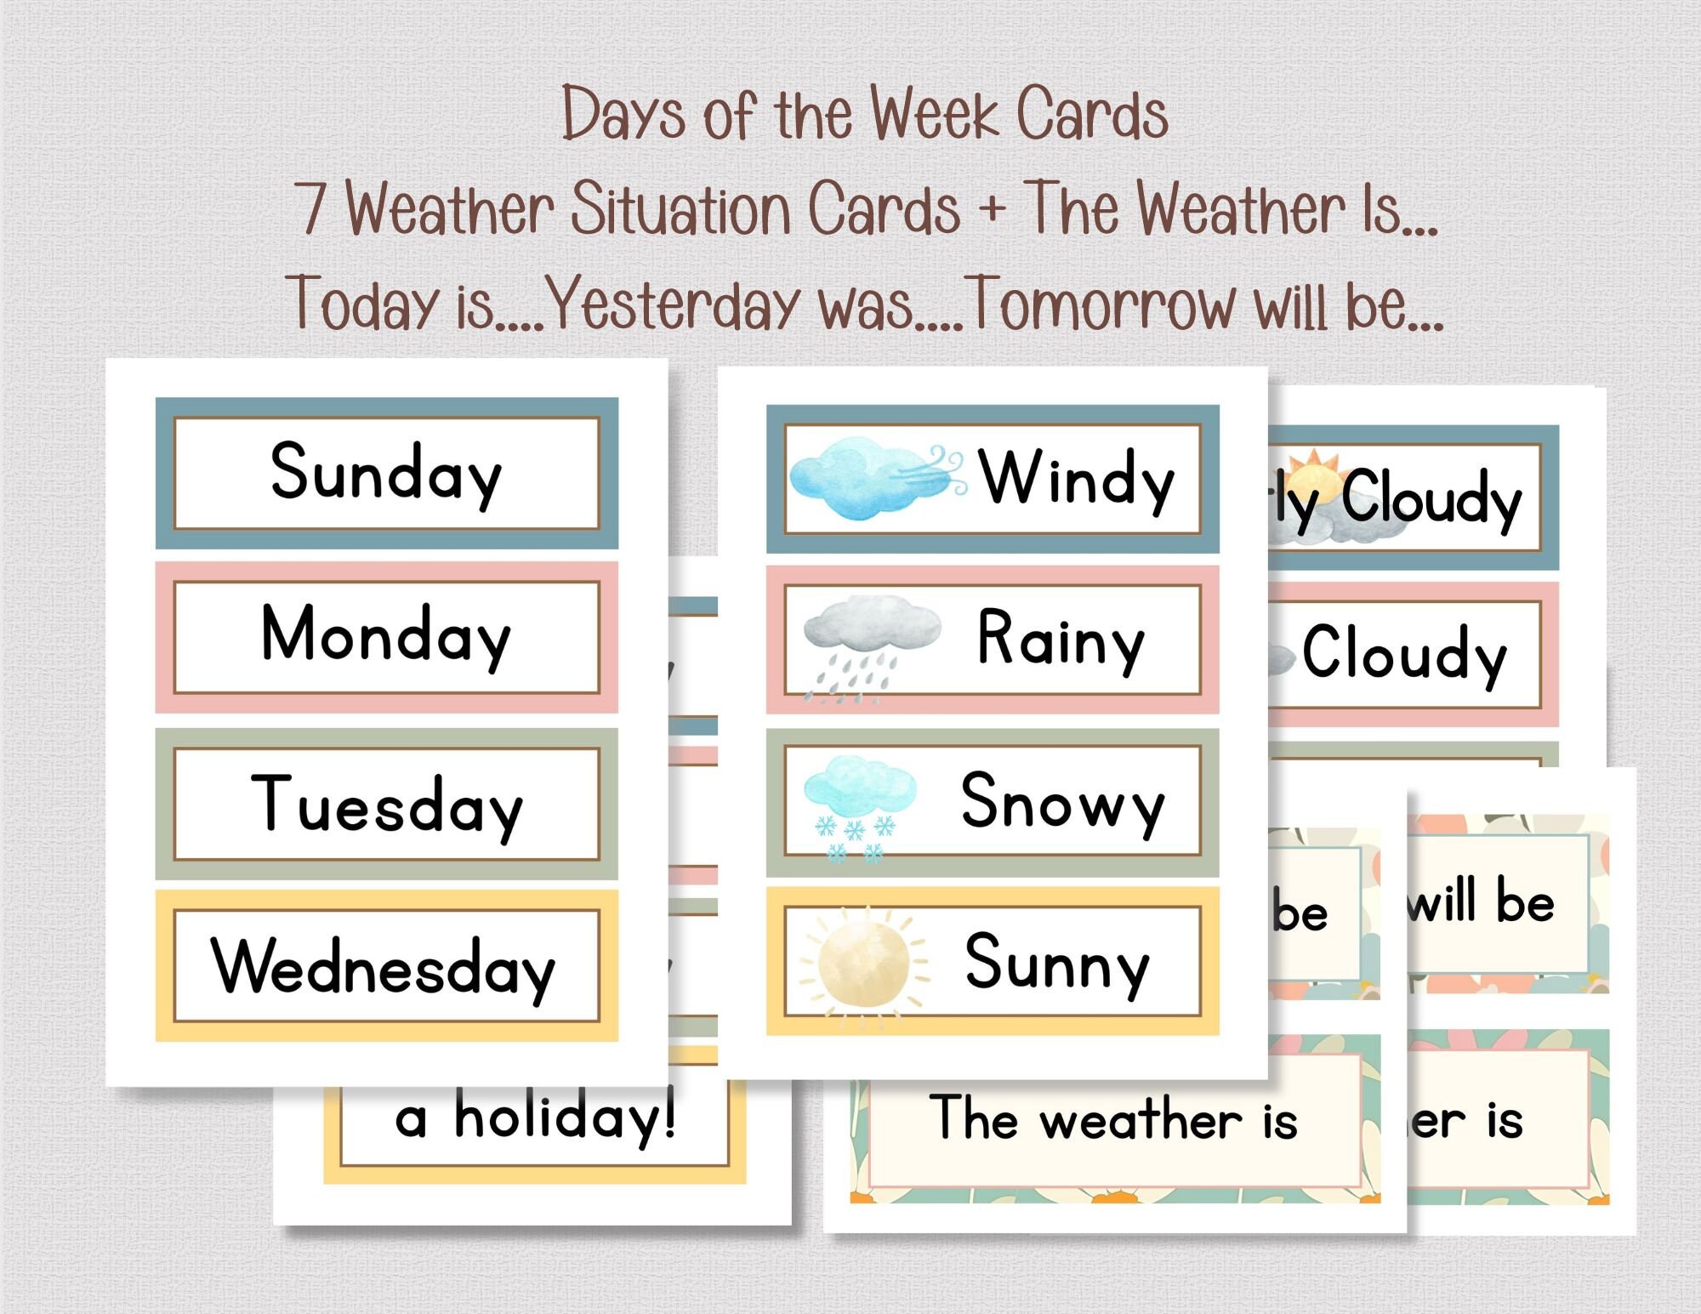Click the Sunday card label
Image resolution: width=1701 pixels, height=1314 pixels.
coord(386,473)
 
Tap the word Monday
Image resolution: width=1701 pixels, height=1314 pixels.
coord(386,635)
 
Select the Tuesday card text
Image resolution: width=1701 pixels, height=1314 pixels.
coord(386,804)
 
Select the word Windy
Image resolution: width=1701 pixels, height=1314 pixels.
coord(1077,479)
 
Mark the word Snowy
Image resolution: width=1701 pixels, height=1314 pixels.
coord(1062,801)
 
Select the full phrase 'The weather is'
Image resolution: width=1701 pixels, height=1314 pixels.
coord(1113,1118)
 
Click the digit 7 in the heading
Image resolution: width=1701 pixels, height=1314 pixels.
coord(313,209)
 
